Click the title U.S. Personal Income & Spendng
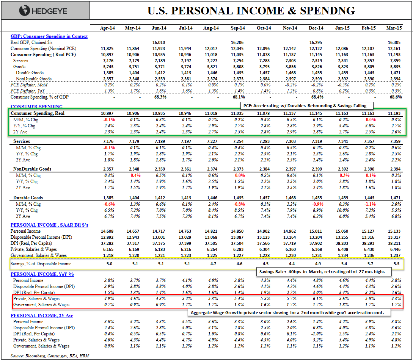click(x=251, y=11)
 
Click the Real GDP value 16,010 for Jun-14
click(x=159, y=42)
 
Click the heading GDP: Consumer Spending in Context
click(x=49, y=36)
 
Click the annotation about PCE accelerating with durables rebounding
click(x=308, y=106)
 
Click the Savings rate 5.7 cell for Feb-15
click(x=369, y=264)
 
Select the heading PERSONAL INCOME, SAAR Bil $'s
click(x=49, y=225)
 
